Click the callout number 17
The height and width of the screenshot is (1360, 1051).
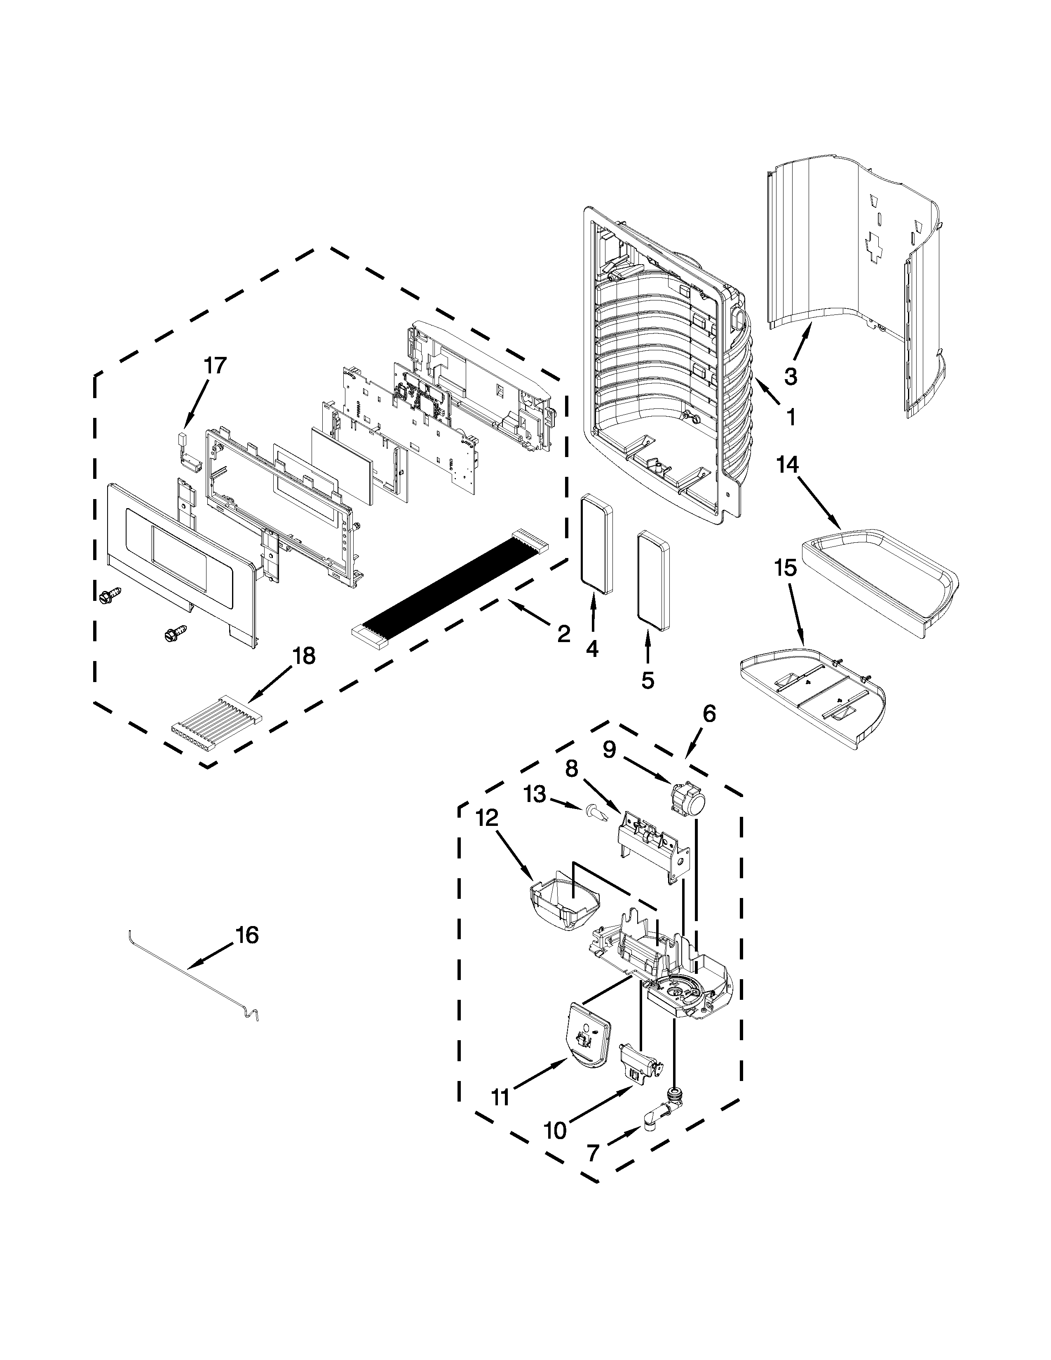215,366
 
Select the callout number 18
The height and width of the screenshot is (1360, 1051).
304,656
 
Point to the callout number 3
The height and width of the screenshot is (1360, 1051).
790,376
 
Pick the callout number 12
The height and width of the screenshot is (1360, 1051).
487,818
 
